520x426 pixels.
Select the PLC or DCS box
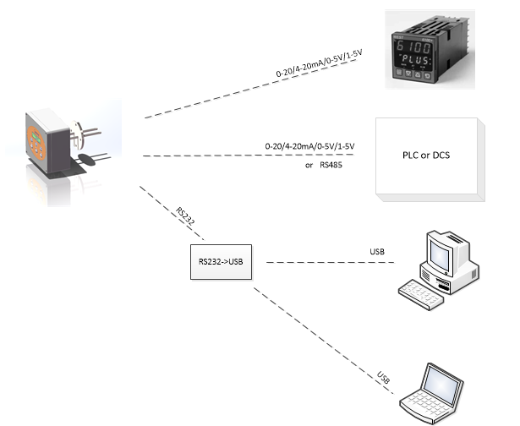click(430, 158)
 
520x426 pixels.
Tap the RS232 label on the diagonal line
click(185, 216)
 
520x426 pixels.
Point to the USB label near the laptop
click(386, 375)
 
